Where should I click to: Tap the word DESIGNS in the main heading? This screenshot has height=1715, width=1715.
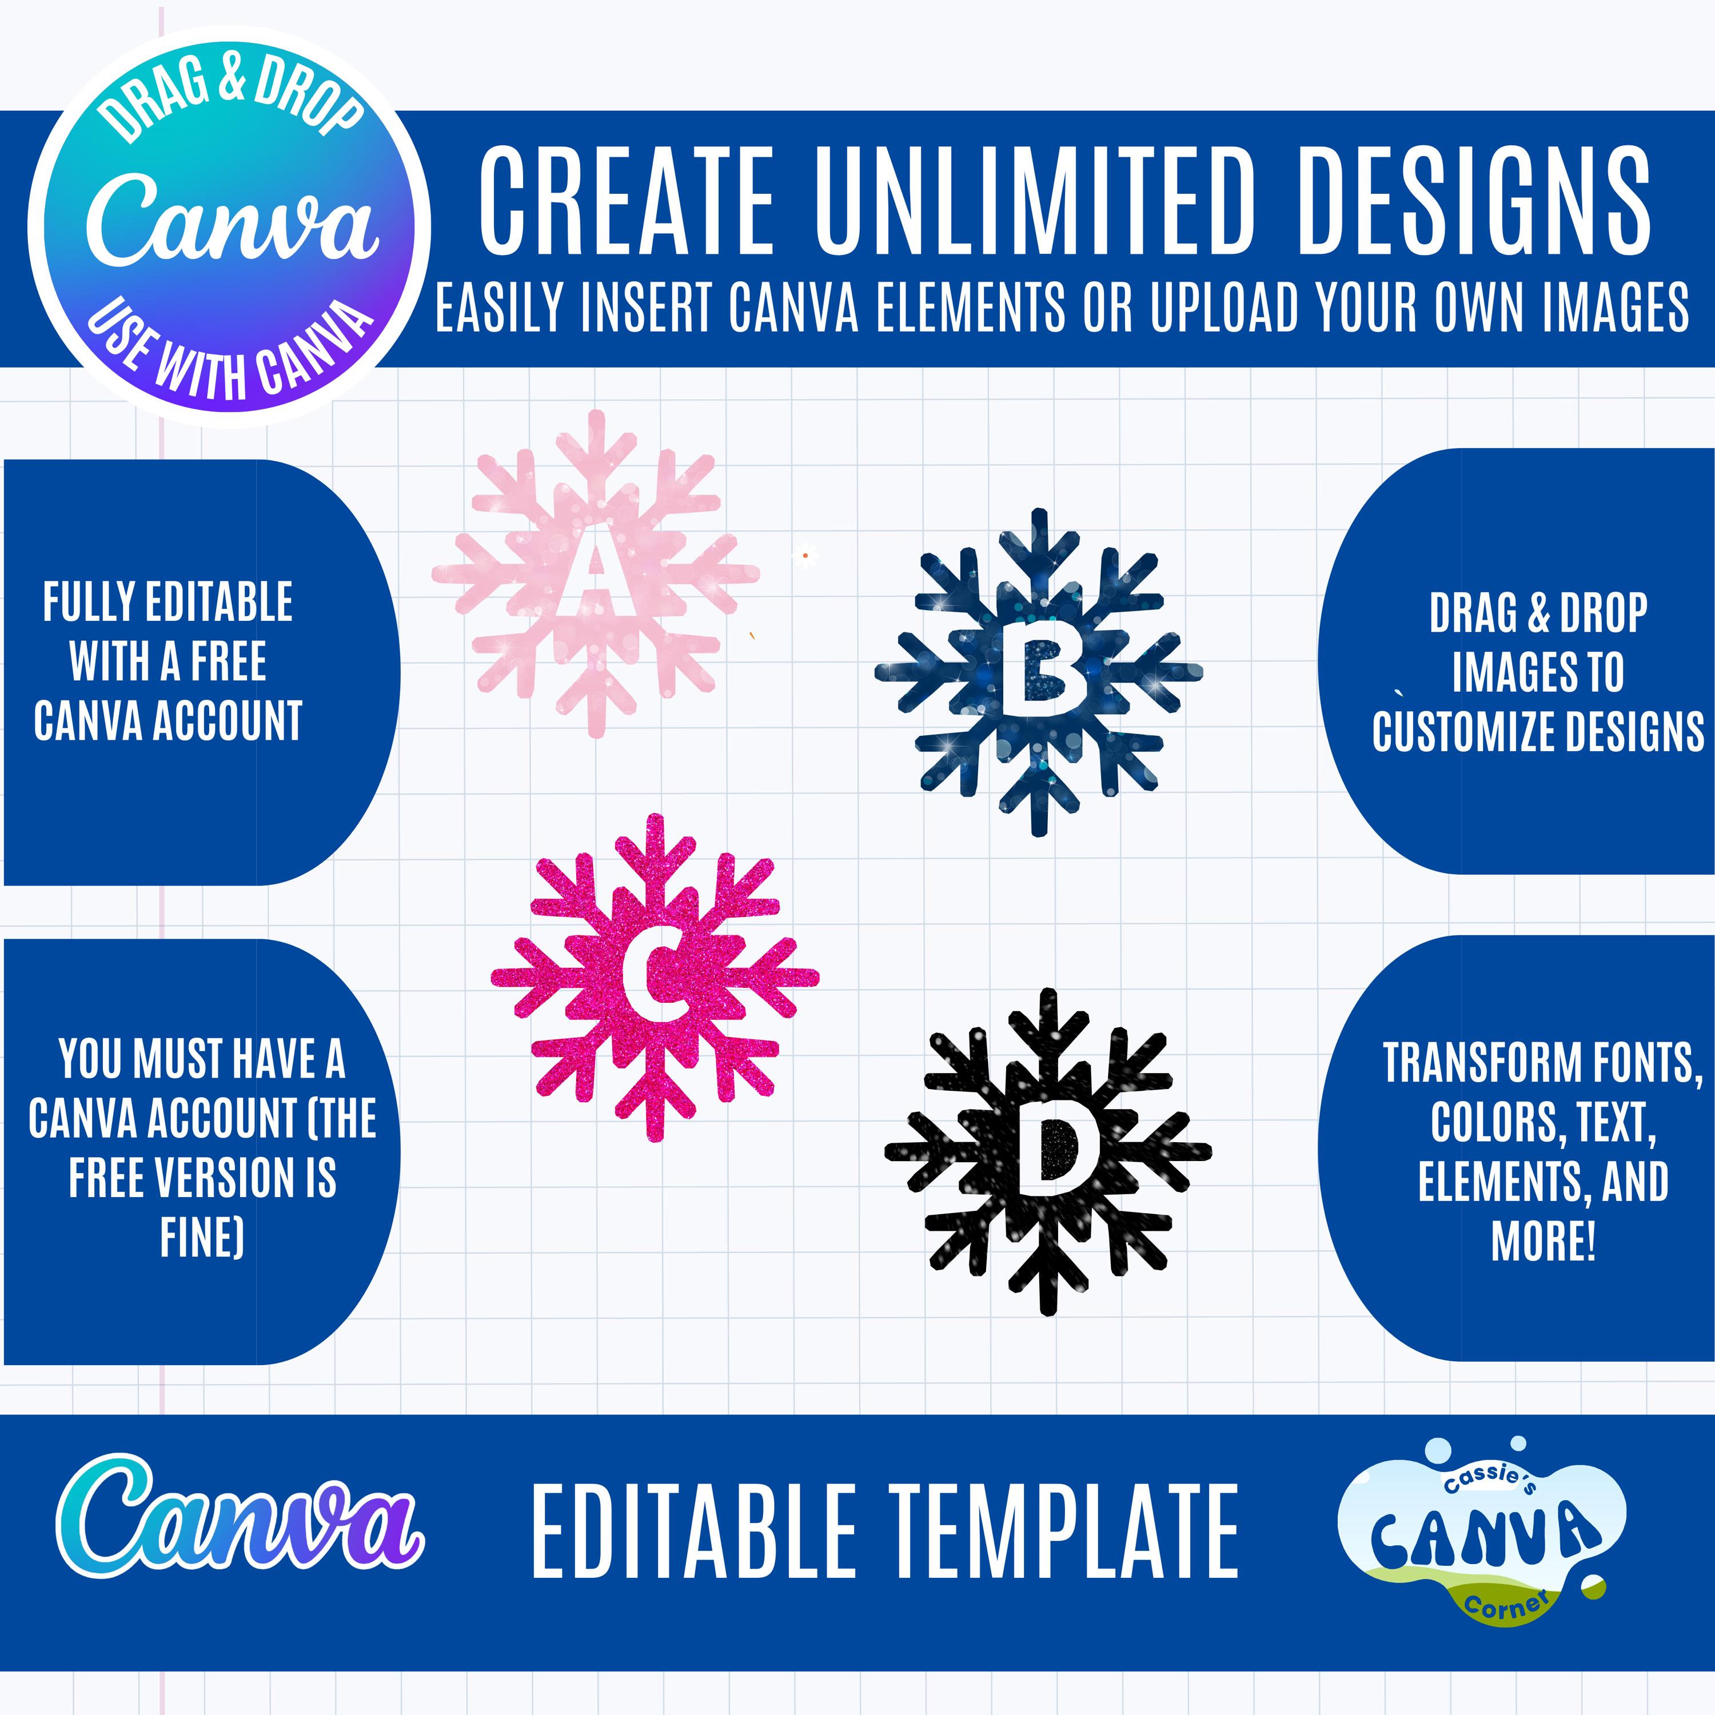[x=1474, y=201]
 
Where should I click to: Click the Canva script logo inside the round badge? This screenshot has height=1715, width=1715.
[x=233, y=221]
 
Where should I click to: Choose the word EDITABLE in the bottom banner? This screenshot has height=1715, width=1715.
[x=693, y=1531]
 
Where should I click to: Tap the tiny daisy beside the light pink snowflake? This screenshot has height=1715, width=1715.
[x=804, y=556]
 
